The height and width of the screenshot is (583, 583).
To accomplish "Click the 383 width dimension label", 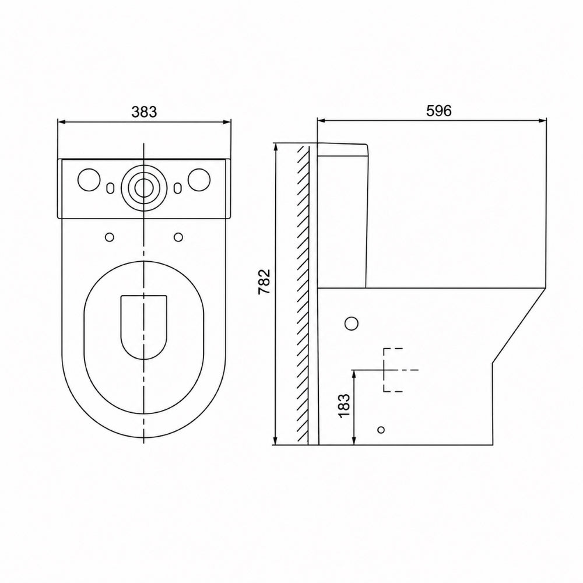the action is pos(144,111).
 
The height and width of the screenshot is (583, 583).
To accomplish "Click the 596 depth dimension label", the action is pos(439,111).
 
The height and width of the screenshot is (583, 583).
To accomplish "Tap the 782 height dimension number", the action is pos(264,282).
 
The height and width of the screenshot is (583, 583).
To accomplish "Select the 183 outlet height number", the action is pos(345,405).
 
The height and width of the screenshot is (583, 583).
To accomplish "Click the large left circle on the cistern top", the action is pos(89,180).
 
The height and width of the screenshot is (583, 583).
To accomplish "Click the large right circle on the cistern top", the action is pos(199,180).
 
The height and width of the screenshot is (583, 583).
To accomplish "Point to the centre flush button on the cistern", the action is pos(143,188).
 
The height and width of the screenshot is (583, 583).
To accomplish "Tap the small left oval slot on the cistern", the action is pos(110,188).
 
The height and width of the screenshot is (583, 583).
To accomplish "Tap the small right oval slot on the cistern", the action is pos(178,188).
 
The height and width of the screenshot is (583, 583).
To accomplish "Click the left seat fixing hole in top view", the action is pos(110,237).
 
